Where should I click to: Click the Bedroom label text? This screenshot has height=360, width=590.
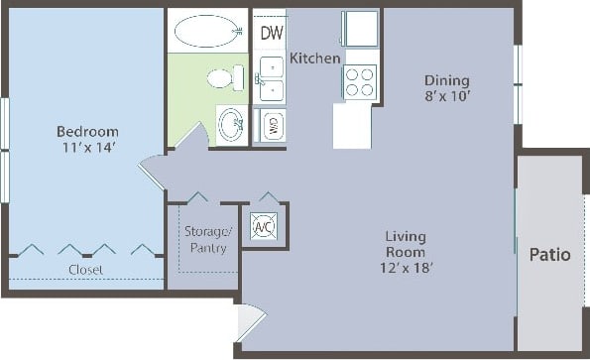pos(86,132)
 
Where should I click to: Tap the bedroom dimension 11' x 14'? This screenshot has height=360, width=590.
pos(86,148)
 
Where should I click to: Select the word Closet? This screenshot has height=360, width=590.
pos(85,269)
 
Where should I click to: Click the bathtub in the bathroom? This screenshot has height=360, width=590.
pos(205,32)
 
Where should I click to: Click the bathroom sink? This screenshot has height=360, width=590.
pos(232,124)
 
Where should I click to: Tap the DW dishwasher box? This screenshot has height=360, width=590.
pos(271,34)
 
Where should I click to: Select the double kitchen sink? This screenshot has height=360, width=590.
pos(271,79)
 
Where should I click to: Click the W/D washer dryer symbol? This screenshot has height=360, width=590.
pos(271,126)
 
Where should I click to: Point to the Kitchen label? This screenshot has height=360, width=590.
pos(314,60)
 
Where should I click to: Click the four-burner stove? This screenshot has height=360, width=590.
pos(359,80)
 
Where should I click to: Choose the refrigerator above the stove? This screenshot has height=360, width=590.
pos(359,29)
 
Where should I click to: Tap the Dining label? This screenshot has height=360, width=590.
pos(446,80)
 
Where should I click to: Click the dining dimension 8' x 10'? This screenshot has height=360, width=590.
pos(446,96)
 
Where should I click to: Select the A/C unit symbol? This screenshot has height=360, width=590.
pos(264,226)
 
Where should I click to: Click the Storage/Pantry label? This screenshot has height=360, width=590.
pos(206,239)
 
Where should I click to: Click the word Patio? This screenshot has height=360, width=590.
pos(549,255)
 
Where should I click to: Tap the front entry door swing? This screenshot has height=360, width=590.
pos(251,322)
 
